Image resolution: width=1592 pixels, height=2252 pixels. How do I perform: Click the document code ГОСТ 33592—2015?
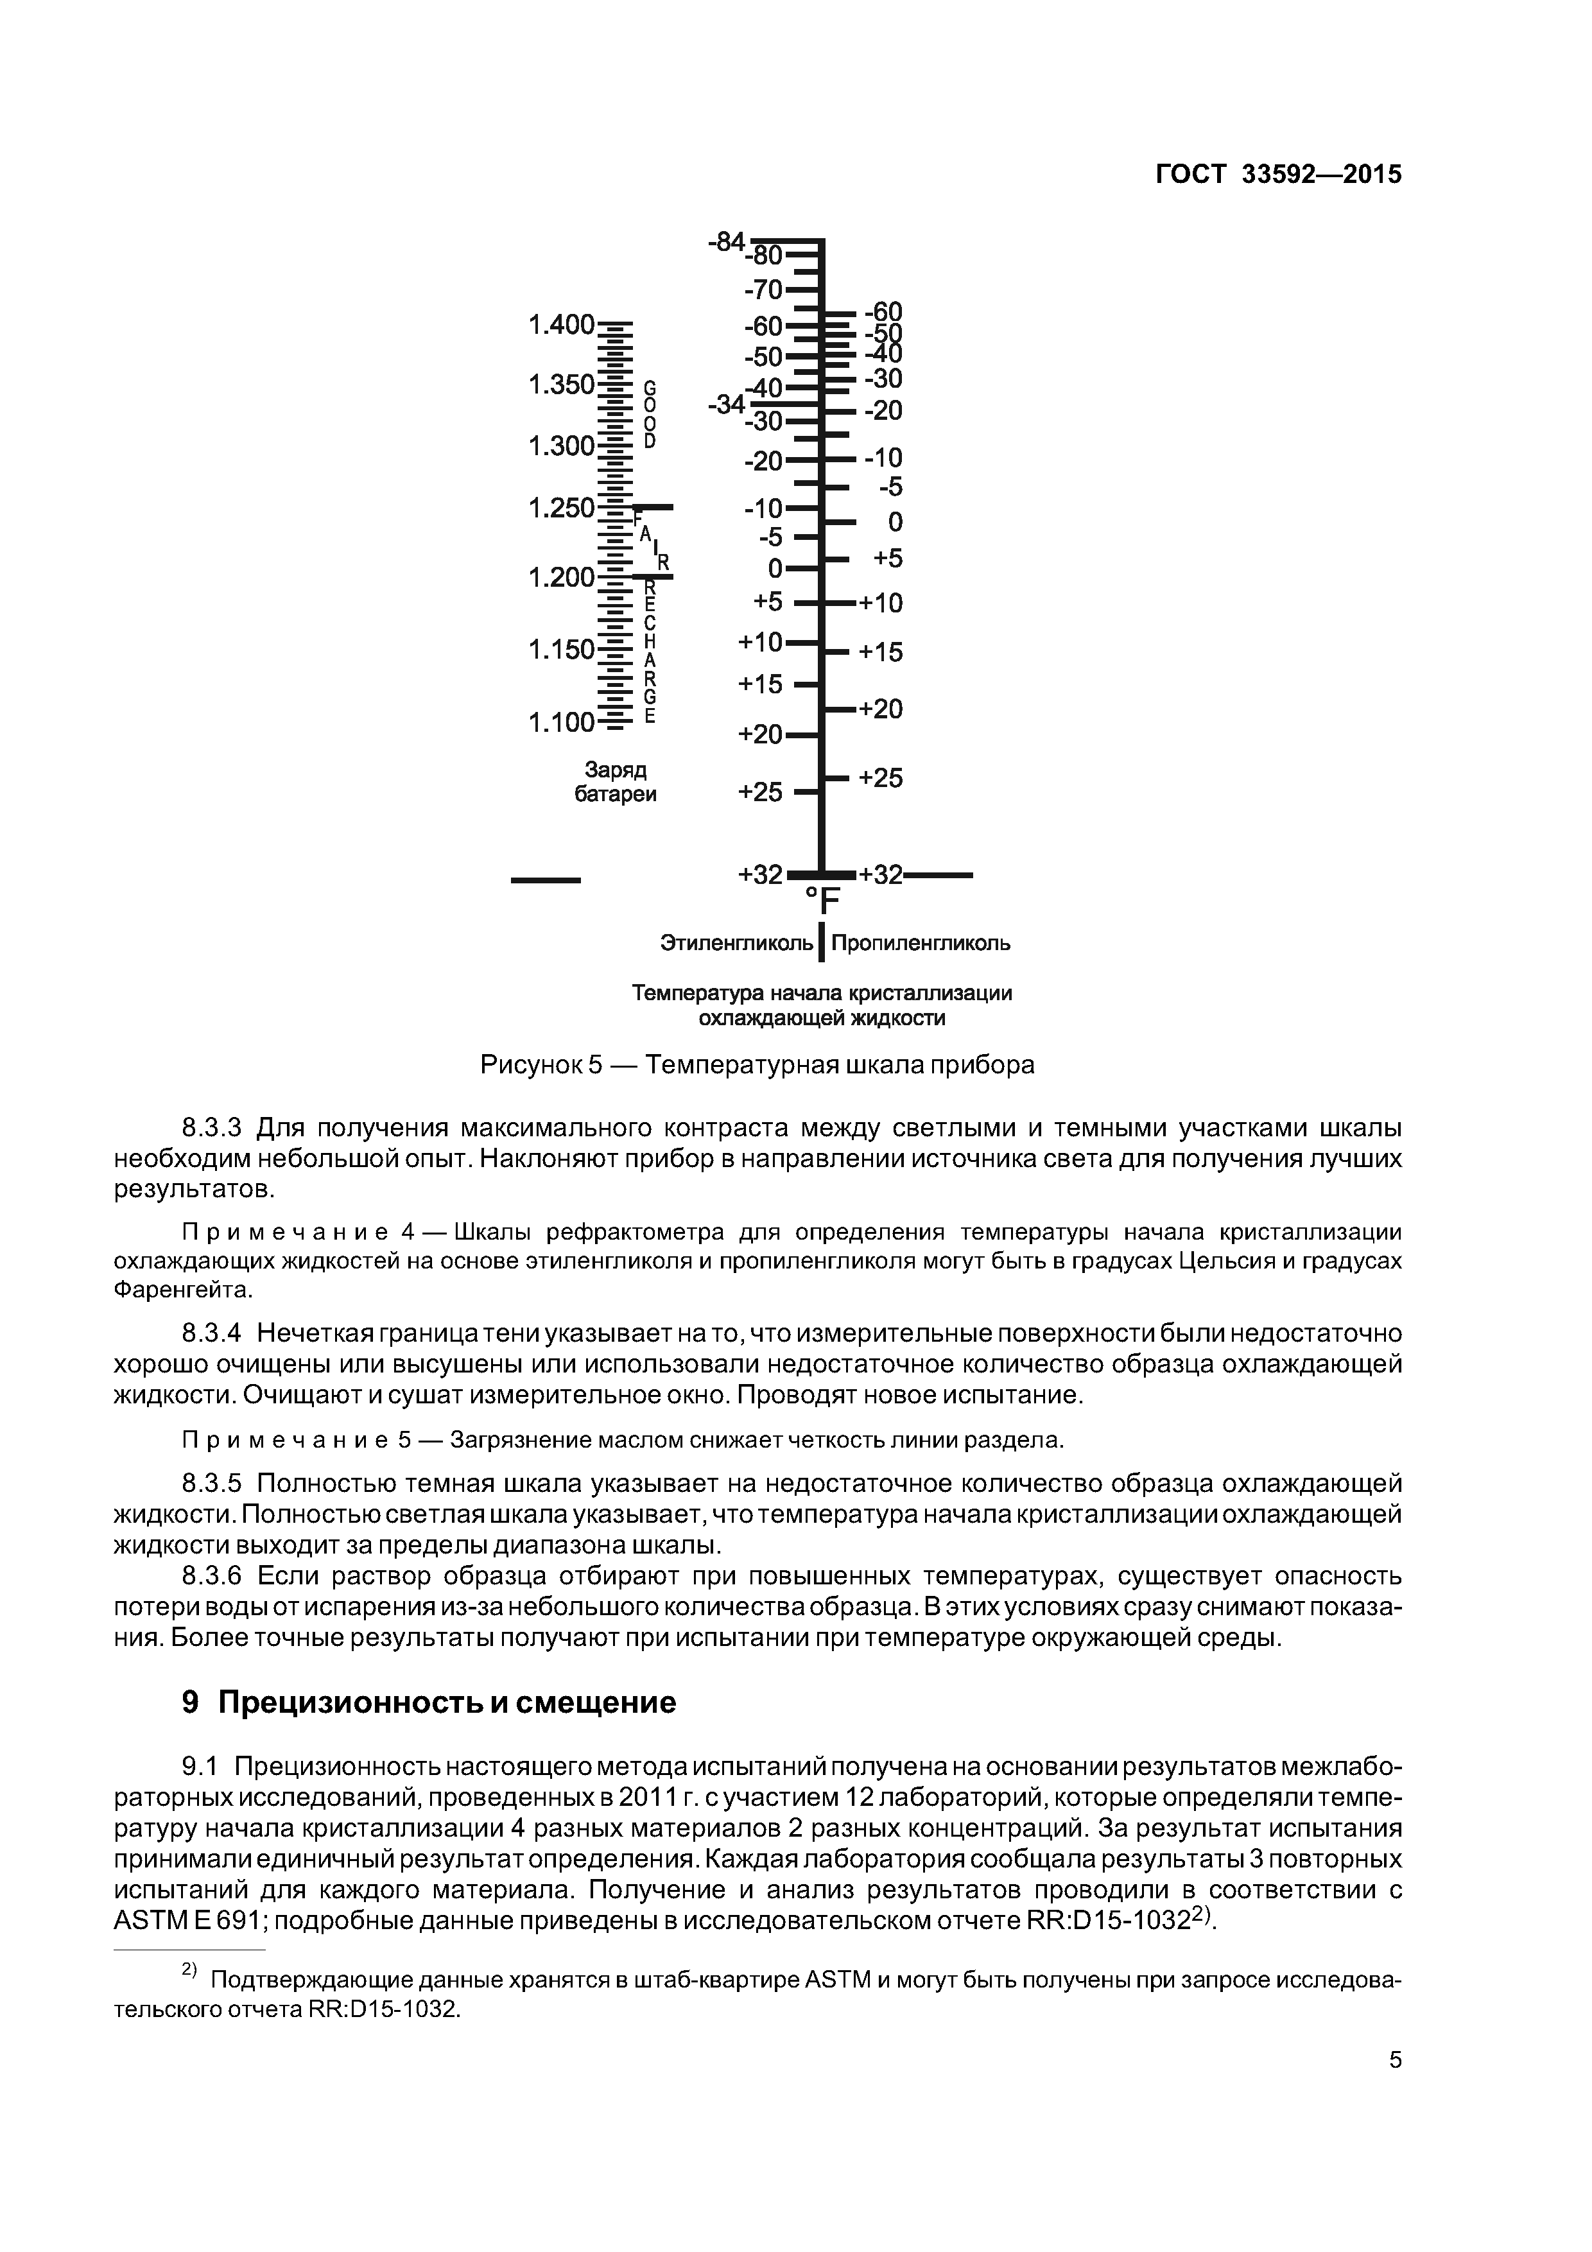1278,175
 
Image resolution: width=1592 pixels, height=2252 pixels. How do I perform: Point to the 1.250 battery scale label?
561,508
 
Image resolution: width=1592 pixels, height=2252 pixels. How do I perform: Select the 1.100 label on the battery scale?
561,723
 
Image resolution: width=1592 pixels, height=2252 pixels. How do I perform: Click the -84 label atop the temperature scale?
726,241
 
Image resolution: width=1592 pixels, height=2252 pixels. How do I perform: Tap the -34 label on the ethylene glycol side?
726,403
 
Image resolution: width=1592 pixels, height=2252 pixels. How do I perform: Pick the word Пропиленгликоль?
920,944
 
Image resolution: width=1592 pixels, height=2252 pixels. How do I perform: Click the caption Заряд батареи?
615,782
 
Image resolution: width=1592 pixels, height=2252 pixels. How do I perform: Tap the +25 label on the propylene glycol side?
880,778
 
